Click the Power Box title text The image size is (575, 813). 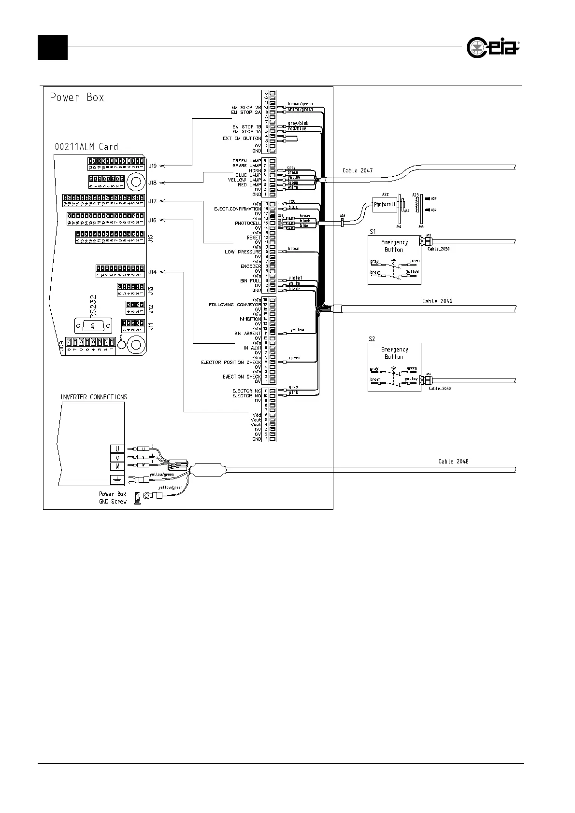click(77, 98)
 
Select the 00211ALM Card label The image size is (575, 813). click(86, 147)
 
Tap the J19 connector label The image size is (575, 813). click(152, 166)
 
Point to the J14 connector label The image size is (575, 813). click(152, 272)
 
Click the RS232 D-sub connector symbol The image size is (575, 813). click(92, 326)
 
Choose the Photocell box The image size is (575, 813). click(385, 204)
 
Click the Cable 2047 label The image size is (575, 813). click(358, 170)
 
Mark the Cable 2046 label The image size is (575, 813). click(437, 301)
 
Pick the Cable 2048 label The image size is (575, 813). click(453, 462)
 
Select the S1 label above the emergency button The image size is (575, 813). click(373, 232)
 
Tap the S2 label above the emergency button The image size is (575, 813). click(372, 339)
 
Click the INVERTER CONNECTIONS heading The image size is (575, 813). click(94, 397)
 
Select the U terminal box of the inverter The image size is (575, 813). click(117, 449)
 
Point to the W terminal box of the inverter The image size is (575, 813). click(117, 466)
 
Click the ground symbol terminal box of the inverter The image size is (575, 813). click(117, 479)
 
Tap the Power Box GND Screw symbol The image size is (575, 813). click(137, 498)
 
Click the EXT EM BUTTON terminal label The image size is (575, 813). click(242, 139)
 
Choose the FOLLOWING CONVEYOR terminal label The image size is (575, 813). click(235, 305)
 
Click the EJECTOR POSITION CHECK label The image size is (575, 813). click(231, 362)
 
